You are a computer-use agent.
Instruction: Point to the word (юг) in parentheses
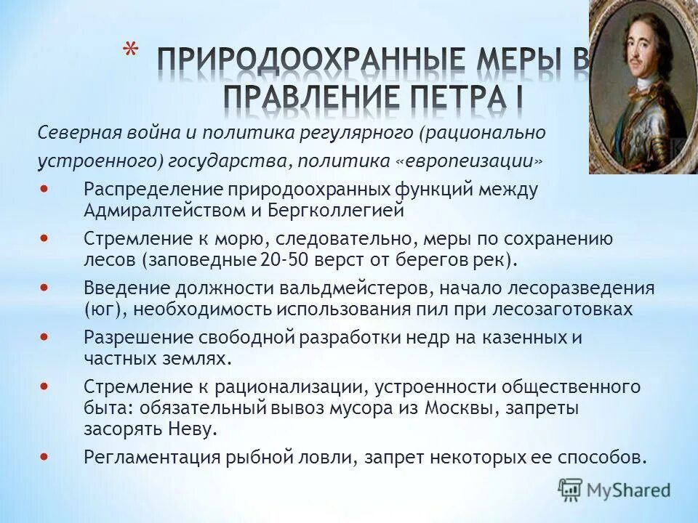coord(101,309)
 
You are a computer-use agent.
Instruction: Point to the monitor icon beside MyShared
coord(571,490)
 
